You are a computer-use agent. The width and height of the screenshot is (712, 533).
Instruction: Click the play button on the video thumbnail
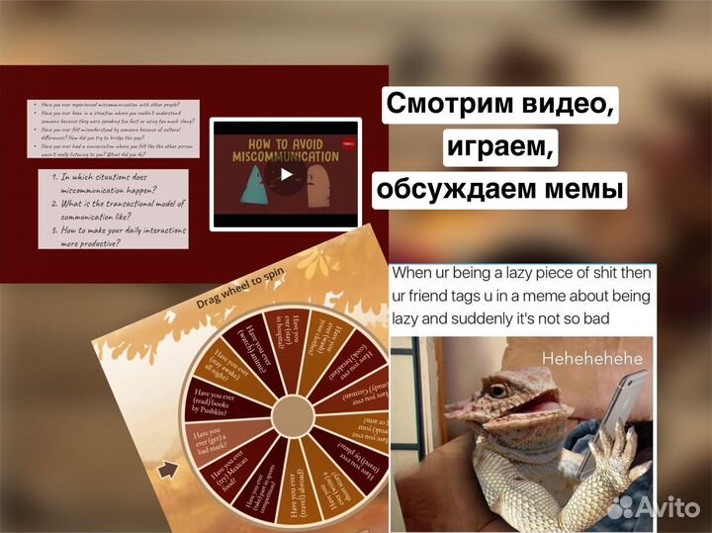pos(286,174)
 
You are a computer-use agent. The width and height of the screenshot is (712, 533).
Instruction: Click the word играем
pos(500,147)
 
